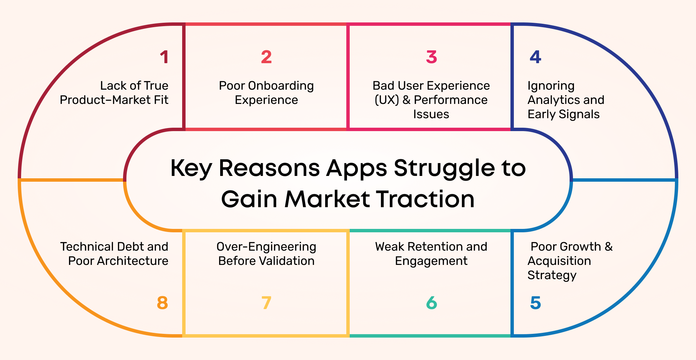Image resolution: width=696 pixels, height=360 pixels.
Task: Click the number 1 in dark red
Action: [164, 57]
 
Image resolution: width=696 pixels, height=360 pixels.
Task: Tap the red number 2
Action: [266, 57]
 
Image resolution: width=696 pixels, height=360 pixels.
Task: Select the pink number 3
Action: [431, 57]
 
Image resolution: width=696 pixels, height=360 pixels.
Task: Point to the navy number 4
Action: [535, 57]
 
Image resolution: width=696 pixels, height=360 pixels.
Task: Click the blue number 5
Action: [535, 303]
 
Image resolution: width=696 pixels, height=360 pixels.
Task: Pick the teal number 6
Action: [431, 303]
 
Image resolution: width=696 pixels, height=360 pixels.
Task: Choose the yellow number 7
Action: [266, 303]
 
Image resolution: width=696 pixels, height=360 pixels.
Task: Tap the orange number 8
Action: [162, 303]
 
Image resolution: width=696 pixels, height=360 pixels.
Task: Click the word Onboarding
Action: [281, 86]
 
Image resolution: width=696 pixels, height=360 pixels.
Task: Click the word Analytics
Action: [549, 100]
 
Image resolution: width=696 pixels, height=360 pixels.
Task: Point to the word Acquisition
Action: [559, 261]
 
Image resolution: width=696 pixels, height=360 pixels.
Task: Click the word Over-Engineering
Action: [266, 247]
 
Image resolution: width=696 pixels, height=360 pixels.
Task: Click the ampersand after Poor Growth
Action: [608, 247]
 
